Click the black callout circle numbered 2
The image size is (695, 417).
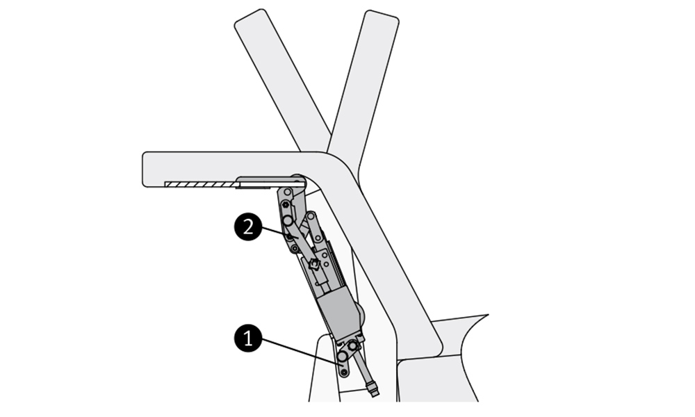point(248,227)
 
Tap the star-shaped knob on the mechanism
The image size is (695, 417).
point(313,264)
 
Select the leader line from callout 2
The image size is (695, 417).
point(275,232)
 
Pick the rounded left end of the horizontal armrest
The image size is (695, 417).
point(147,169)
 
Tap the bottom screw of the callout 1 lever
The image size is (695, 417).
point(344,373)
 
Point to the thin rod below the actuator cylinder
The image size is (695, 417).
point(364,368)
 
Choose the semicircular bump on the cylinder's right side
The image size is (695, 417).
point(359,313)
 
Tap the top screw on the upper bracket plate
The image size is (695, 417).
point(286,192)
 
